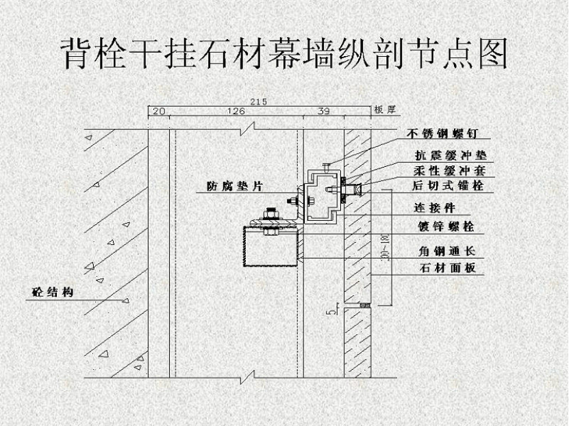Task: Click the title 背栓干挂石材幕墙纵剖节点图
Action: (x=284, y=53)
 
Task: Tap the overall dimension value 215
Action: (x=258, y=101)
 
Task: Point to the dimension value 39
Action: (x=323, y=110)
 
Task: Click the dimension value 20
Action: (x=158, y=110)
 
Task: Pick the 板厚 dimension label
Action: (x=384, y=109)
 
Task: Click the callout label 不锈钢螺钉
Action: (x=441, y=133)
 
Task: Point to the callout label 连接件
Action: (x=434, y=208)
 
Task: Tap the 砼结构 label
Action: (x=53, y=293)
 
